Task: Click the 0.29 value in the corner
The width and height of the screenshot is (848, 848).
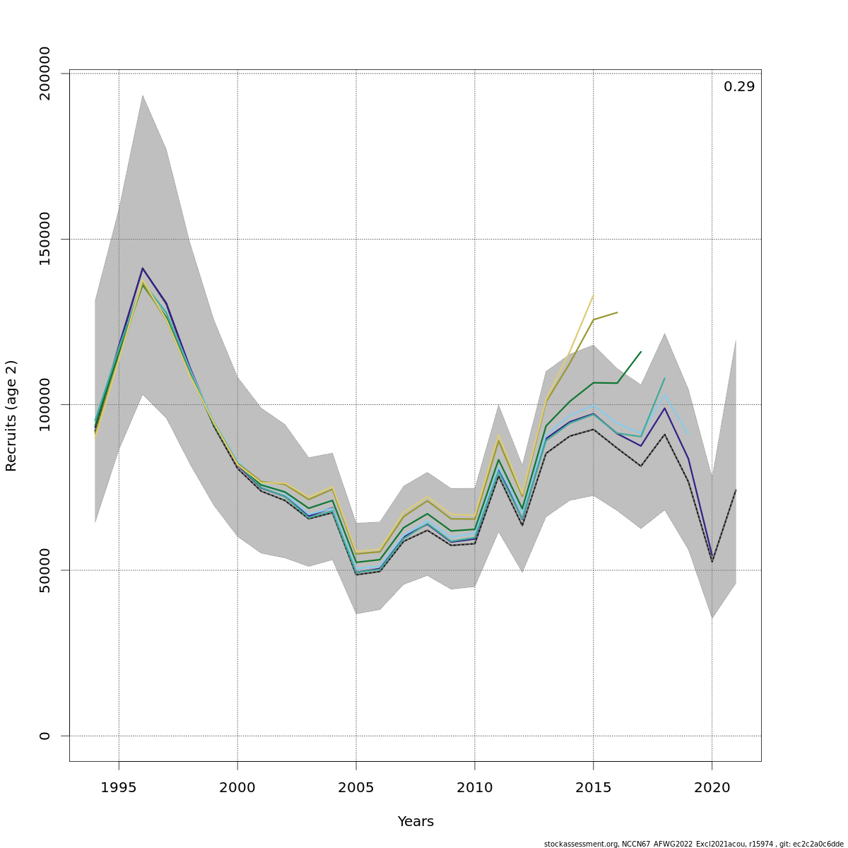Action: pos(738,87)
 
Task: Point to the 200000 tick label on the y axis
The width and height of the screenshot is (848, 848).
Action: pos(45,73)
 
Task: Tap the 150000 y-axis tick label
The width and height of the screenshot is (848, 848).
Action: pos(45,239)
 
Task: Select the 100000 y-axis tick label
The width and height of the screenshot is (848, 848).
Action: pos(45,404)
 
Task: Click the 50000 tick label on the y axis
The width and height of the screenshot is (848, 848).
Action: pos(45,570)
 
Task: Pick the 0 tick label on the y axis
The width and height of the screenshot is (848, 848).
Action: pos(45,736)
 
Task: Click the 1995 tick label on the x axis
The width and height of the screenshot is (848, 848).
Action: pos(119,787)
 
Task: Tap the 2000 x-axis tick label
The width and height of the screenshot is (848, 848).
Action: pos(237,787)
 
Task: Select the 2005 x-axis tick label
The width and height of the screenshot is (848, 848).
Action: pos(356,787)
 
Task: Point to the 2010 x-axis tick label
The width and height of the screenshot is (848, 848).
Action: pos(475,787)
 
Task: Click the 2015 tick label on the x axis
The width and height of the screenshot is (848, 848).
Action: pos(593,787)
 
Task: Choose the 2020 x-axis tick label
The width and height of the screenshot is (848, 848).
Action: pos(712,787)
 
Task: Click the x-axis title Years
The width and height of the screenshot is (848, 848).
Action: pos(416,822)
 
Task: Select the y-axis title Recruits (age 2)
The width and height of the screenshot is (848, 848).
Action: pos(11,416)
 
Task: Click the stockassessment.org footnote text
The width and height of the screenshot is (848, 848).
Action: pos(693,844)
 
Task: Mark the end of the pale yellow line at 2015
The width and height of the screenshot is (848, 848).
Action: pos(593,295)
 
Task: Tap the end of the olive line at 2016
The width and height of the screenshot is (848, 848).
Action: pos(617,312)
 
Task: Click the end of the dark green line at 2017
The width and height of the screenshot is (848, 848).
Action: pos(641,351)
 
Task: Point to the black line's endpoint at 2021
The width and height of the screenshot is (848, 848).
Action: pos(736,490)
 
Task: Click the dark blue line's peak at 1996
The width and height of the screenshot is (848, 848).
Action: pos(142,269)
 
